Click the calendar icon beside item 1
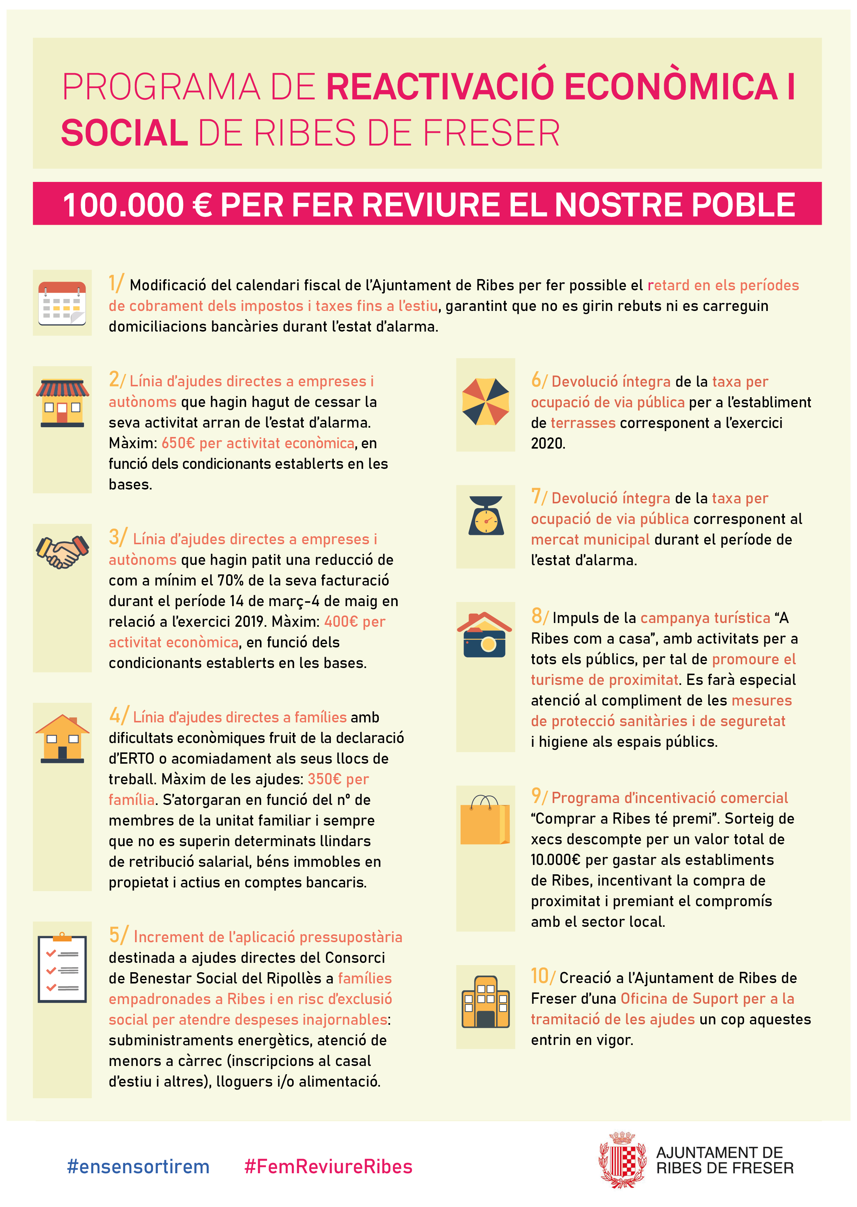tap(62, 303)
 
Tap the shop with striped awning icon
tap(62, 403)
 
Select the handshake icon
tap(62, 551)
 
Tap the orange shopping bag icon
tap(485, 820)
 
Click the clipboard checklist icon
tap(62, 968)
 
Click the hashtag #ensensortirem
tap(138, 1166)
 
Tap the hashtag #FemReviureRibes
tap(328, 1166)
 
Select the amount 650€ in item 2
tap(179, 443)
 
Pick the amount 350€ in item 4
tap(324, 779)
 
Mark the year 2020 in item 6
tap(548, 443)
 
